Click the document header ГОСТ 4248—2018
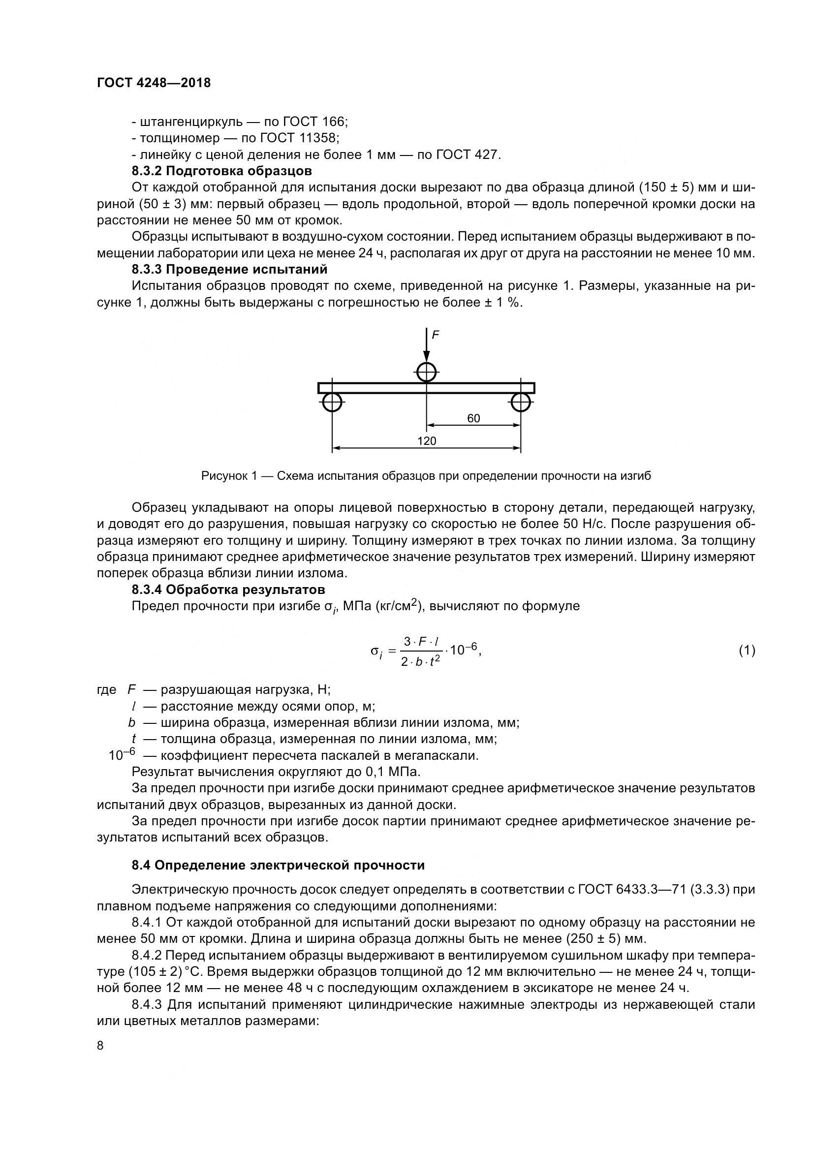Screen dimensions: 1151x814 (154, 83)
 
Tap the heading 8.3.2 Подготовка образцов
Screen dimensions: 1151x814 (221, 171)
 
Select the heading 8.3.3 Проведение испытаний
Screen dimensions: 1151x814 (229, 269)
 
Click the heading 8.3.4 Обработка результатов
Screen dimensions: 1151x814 (228, 589)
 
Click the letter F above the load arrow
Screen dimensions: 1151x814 (436, 335)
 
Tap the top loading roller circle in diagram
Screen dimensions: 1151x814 (426, 373)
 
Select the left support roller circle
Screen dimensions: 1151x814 (332, 402)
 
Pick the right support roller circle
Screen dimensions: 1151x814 (521, 402)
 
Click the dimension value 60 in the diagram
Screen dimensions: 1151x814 (473, 418)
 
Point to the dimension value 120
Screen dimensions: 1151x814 (427, 441)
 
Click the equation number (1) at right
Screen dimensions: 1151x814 (747, 651)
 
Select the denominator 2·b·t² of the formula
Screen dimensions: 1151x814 (420, 662)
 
